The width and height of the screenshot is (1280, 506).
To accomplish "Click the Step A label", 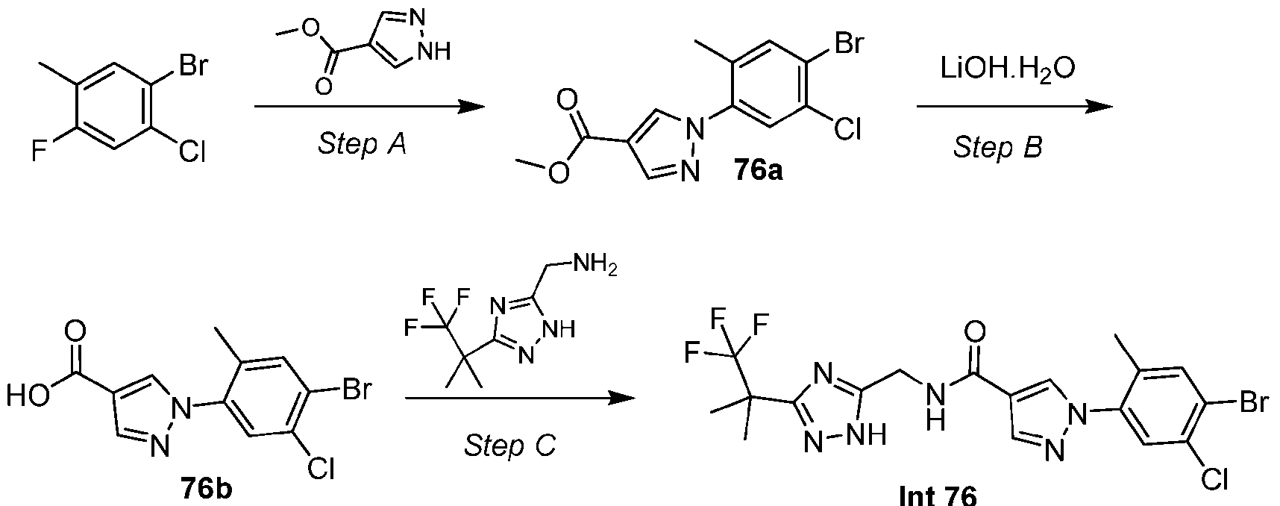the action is [x=362, y=143].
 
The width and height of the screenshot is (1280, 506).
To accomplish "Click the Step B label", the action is [x=997, y=147].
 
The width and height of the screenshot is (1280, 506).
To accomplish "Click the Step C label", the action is [x=510, y=446].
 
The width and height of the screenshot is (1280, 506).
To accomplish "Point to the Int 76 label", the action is [x=938, y=493].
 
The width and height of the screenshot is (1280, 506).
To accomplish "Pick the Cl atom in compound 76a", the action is [x=848, y=130].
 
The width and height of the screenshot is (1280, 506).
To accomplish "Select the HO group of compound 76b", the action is [x=28, y=396].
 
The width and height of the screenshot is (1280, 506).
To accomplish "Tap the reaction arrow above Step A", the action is [x=370, y=107].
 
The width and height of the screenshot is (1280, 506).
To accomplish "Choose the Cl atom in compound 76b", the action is [x=321, y=468].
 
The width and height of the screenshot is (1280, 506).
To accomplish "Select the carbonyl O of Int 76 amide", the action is [x=974, y=331].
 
